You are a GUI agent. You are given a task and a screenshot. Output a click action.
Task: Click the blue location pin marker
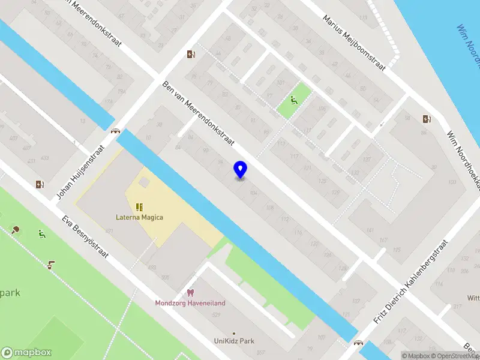(240, 170)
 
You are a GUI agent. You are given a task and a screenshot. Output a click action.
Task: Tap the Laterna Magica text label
(139, 217)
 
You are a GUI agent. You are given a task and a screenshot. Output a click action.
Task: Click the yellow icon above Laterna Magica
(139, 207)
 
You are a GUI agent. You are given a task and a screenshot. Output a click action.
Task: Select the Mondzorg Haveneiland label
(190, 303)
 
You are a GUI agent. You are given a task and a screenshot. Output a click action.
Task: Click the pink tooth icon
(190, 293)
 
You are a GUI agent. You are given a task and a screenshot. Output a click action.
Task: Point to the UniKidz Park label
(234, 341)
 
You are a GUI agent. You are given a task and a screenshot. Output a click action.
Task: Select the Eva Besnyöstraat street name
(85, 237)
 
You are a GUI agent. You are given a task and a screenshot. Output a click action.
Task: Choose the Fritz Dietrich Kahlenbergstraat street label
(410, 282)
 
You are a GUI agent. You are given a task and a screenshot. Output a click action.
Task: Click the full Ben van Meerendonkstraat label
(199, 117)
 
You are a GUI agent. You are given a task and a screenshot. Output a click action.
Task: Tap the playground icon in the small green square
(293, 100)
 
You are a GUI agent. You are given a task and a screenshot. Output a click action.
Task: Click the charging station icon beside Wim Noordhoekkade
(426, 119)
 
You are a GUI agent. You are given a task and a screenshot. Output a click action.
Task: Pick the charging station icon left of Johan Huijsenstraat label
(40, 184)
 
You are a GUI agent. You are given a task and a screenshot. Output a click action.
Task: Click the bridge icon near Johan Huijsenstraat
(115, 131)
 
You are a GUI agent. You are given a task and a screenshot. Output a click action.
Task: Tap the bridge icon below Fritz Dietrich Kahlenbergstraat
(359, 343)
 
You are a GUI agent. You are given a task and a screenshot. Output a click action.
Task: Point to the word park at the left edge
(10, 293)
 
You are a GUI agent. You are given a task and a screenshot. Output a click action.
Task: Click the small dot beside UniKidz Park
(234, 333)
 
